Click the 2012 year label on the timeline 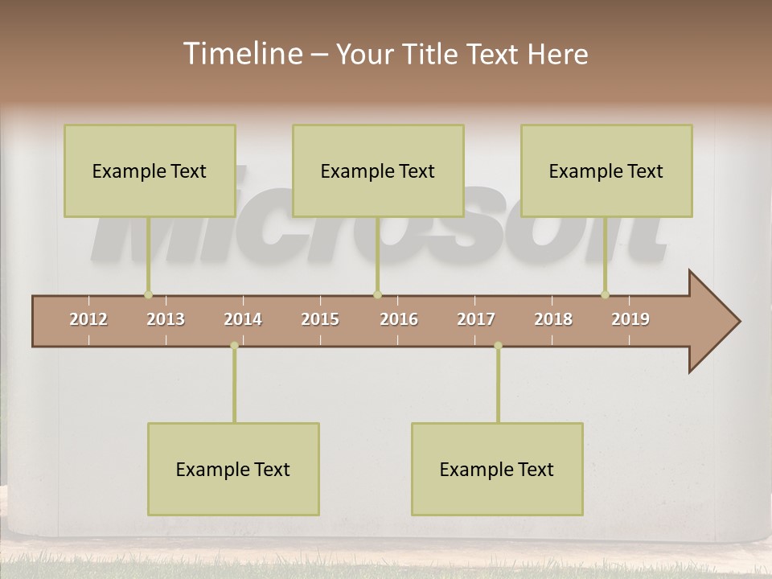(x=88, y=319)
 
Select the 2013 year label (x=166, y=319)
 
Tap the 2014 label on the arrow (x=243, y=319)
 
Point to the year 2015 (x=320, y=319)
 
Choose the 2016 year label (x=399, y=319)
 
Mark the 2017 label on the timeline (x=476, y=319)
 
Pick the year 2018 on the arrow (x=553, y=319)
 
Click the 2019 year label (x=630, y=319)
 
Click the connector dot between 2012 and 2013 (x=148, y=295)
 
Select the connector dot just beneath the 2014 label (x=234, y=346)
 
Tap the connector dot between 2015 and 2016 (x=377, y=295)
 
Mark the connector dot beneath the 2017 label (x=498, y=346)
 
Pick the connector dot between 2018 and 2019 (x=606, y=295)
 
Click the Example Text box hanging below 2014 (x=233, y=469)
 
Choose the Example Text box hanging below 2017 (x=497, y=469)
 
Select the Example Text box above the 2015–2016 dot (x=378, y=170)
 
